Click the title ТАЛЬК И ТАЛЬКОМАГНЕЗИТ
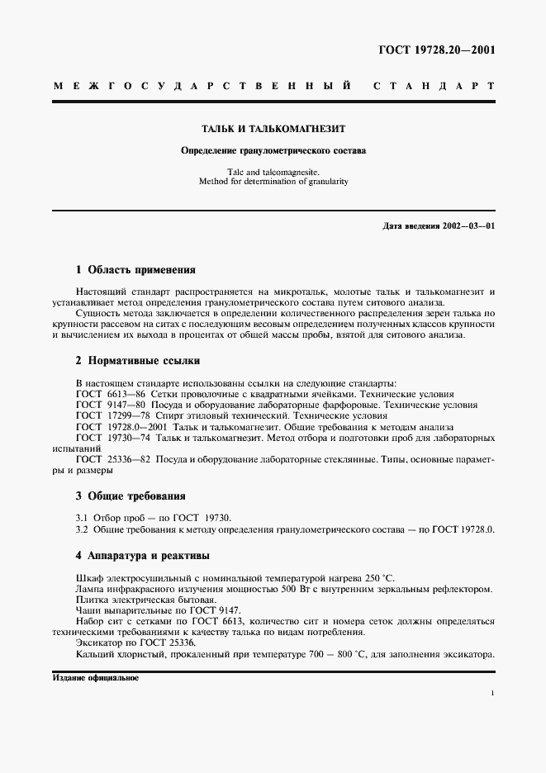point(273,130)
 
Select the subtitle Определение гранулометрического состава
point(273,151)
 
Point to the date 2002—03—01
point(467,225)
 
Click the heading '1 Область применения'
point(135,270)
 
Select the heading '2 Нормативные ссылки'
point(137,361)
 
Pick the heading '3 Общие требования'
point(131,496)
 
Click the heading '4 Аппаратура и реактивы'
point(142,555)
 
